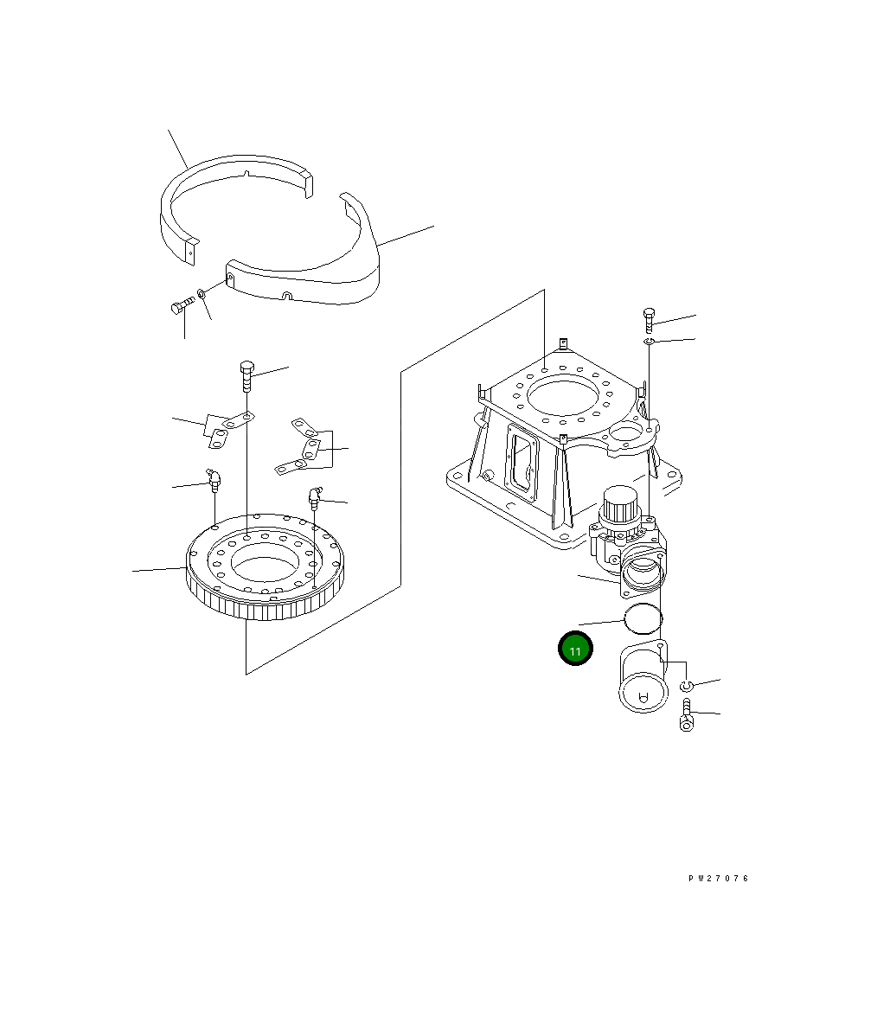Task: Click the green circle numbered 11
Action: [575, 649]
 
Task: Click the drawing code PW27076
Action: [719, 878]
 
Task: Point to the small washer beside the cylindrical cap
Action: [686, 686]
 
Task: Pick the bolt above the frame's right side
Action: [649, 320]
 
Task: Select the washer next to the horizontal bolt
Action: [202, 296]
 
